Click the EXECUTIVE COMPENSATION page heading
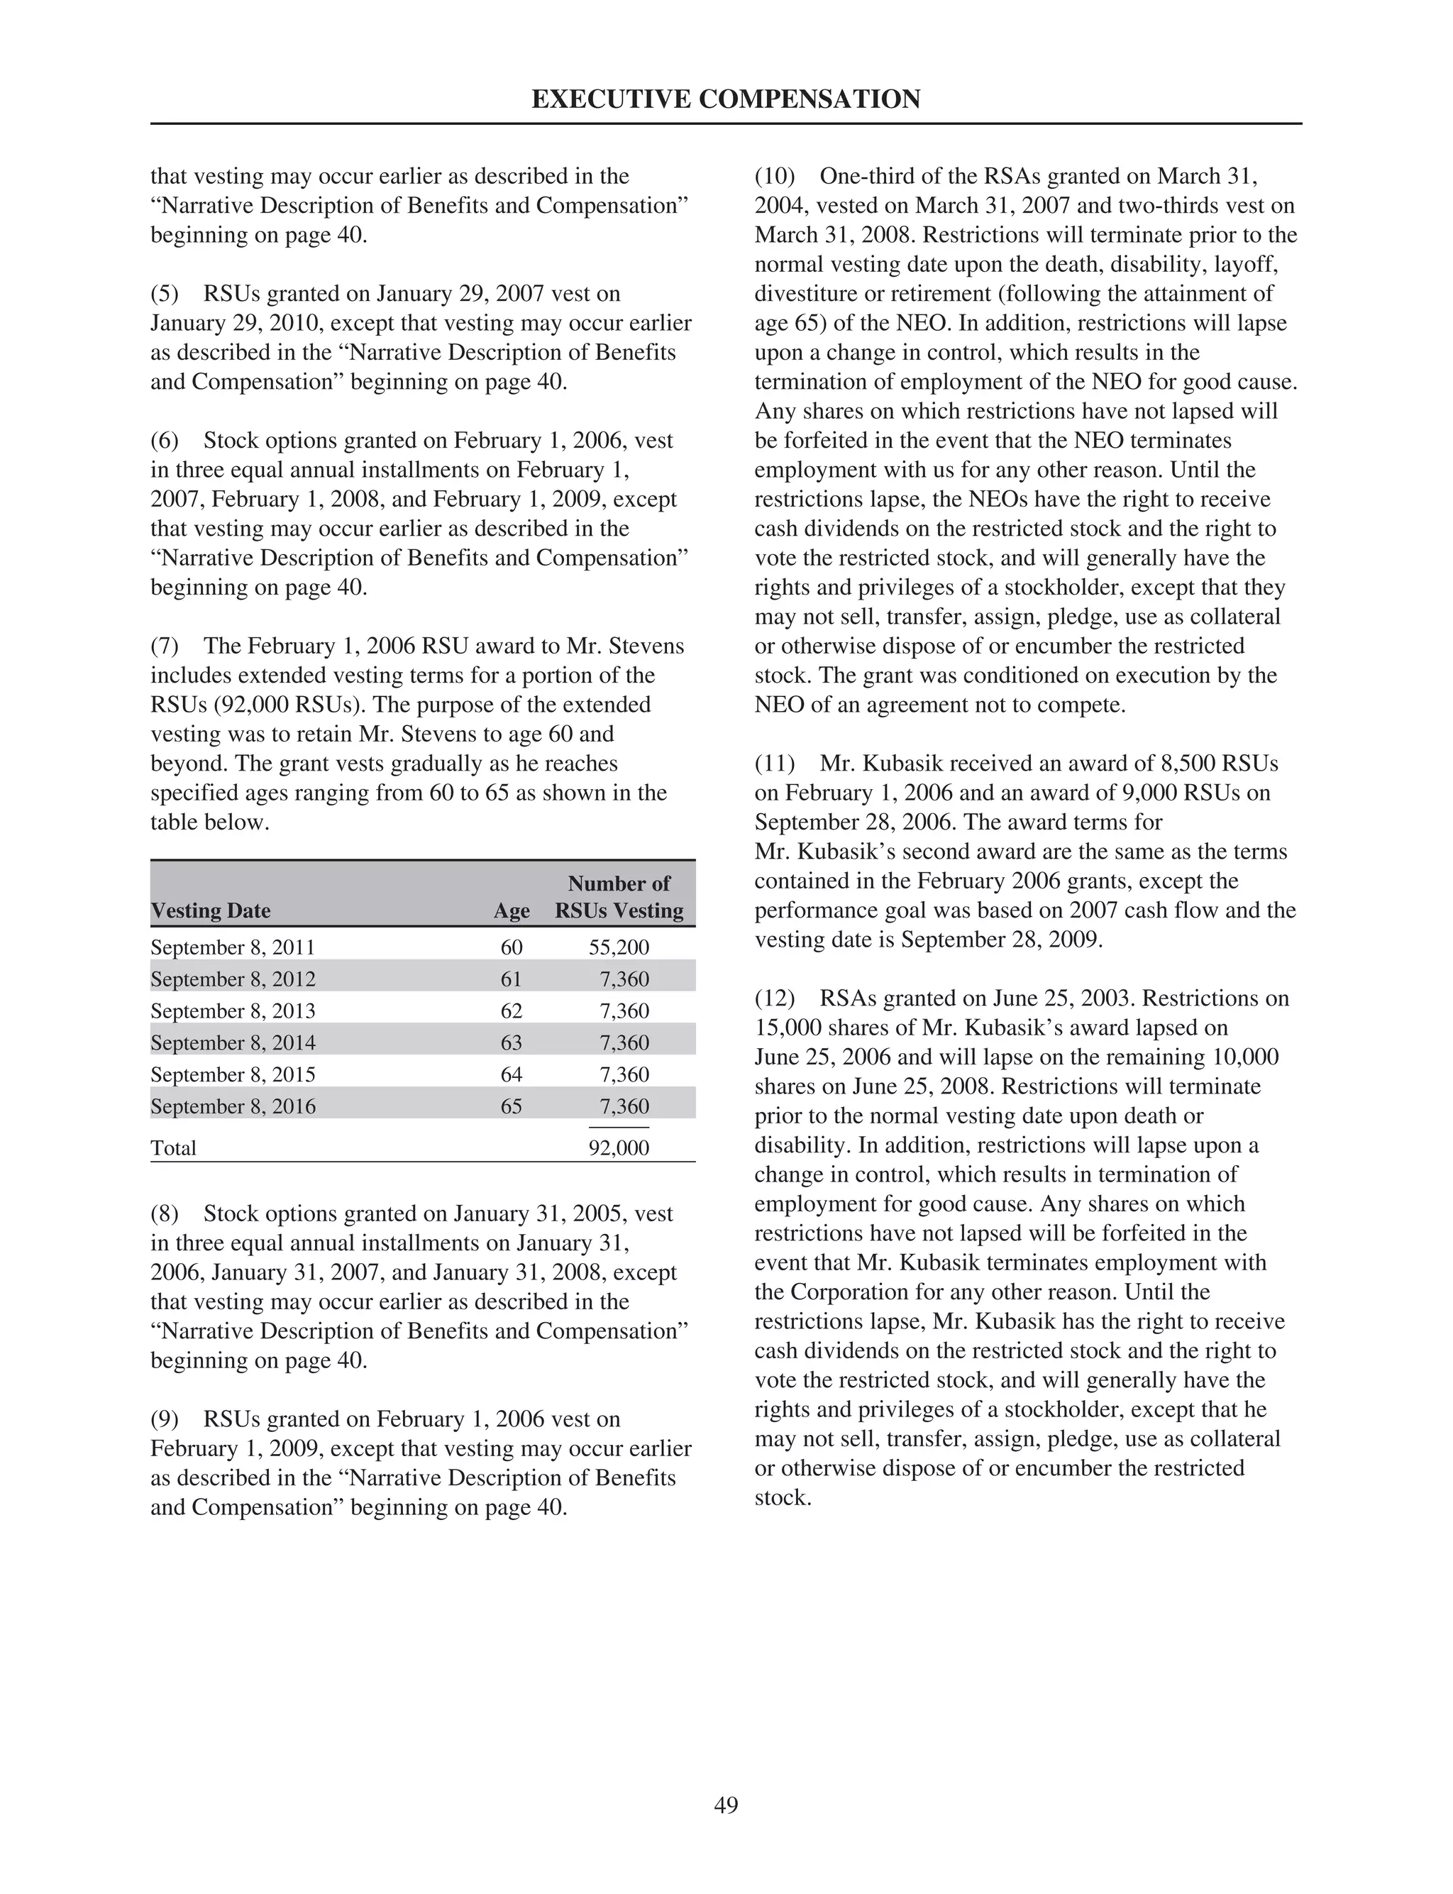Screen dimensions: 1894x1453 pos(726,99)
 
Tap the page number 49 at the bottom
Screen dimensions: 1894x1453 pos(726,1804)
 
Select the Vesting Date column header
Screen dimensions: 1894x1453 pos(210,910)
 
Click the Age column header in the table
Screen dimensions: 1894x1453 pos(511,910)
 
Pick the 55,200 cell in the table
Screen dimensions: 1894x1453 pos(619,947)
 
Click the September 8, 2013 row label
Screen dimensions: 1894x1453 pos(233,1011)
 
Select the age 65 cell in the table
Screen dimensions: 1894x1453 pos(511,1106)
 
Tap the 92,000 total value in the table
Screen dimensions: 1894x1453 pos(619,1147)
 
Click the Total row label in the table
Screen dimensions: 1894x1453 pos(173,1147)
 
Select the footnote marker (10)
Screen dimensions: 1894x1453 pos(774,177)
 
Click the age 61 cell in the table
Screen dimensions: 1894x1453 pos(511,979)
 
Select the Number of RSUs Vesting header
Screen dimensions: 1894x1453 pos(619,897)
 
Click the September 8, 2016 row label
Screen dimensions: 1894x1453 pos(233,1106)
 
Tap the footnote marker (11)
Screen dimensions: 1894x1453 pos(774,764)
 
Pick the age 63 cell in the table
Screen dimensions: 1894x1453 pos(511,1043)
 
